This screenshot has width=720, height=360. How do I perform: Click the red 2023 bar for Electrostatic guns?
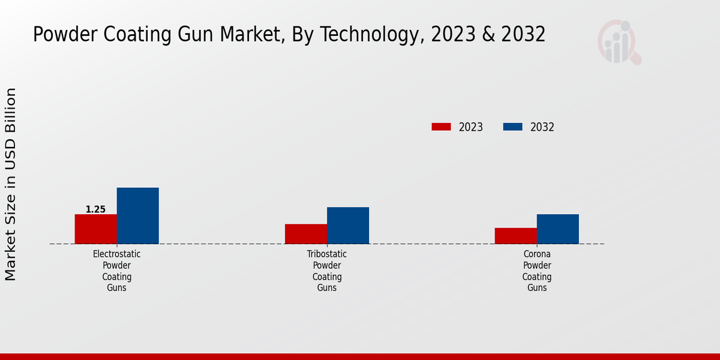pyautogui.click(x=95, y=229)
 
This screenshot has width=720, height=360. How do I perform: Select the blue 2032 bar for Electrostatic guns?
pyautogui.click(x=137, y=216)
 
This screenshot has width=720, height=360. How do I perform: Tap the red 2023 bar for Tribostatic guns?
pyautogui.click(x=305, y=234)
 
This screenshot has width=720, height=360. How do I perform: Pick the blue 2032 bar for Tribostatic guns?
pyautogui.click(x=347, y=226)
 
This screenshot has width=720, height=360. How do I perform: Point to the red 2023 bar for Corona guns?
pyautogui.click(x=515, y=236)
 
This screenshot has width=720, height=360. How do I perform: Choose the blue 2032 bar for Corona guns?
pyautogui.click(x=557, y=229)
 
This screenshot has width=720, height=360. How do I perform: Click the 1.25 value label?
pyautogui.click(x=95, y=209)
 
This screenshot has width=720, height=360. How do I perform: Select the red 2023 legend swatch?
pyautogui.click(x=441, y=127)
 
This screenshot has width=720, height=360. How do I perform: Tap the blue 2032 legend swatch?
pyautogui.click(x=512, y=127)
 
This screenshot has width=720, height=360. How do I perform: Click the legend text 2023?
pyautogui.click(x=471, y=127)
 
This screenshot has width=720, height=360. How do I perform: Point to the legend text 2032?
pyautogui.click(x=542, y=127)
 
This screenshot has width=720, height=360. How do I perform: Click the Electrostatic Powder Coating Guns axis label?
pyautogui.click(x=117, y=271)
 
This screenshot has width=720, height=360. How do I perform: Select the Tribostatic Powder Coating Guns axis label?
pyautogui.click(x=327, y=271)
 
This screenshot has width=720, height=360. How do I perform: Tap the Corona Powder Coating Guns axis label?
pyautogui.click(x=537, y=271)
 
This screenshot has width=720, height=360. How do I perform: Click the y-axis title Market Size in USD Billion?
pyautogui.click(x=11, y=184)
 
